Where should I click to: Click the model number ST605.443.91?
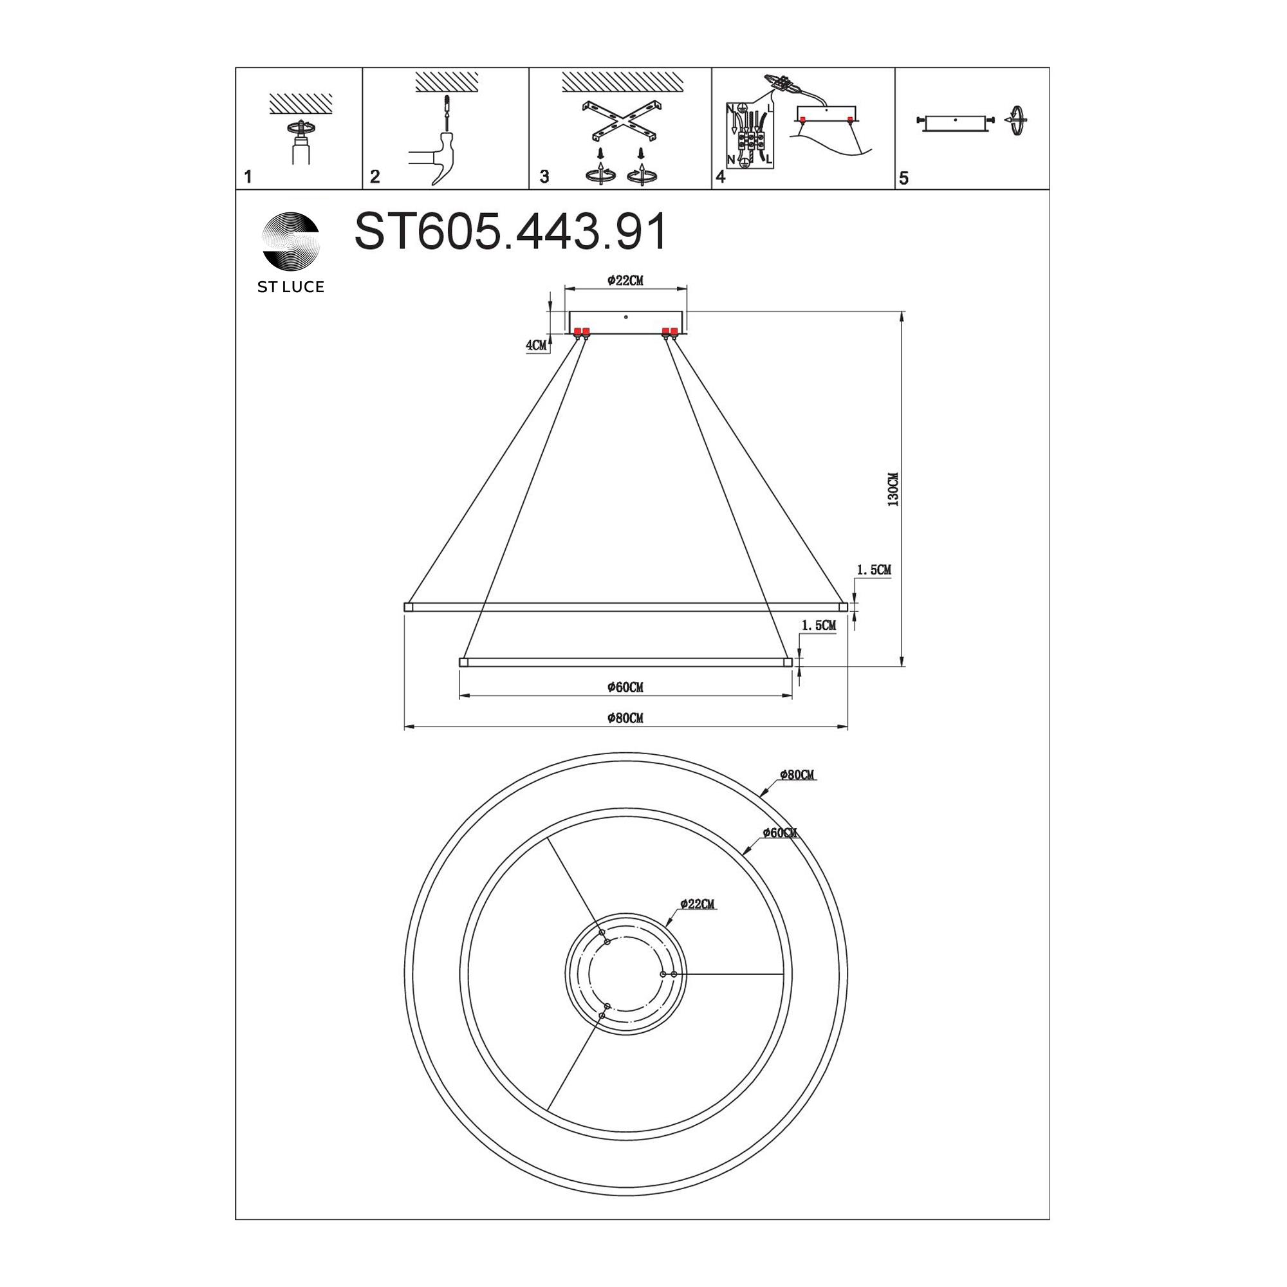510,232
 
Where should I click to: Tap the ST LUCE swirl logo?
291,240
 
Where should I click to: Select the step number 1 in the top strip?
248,176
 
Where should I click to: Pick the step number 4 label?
720,177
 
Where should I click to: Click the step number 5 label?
904,178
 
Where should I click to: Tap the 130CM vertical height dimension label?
893,490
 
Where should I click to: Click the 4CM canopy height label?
536,345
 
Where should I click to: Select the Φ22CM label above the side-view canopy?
625,281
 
